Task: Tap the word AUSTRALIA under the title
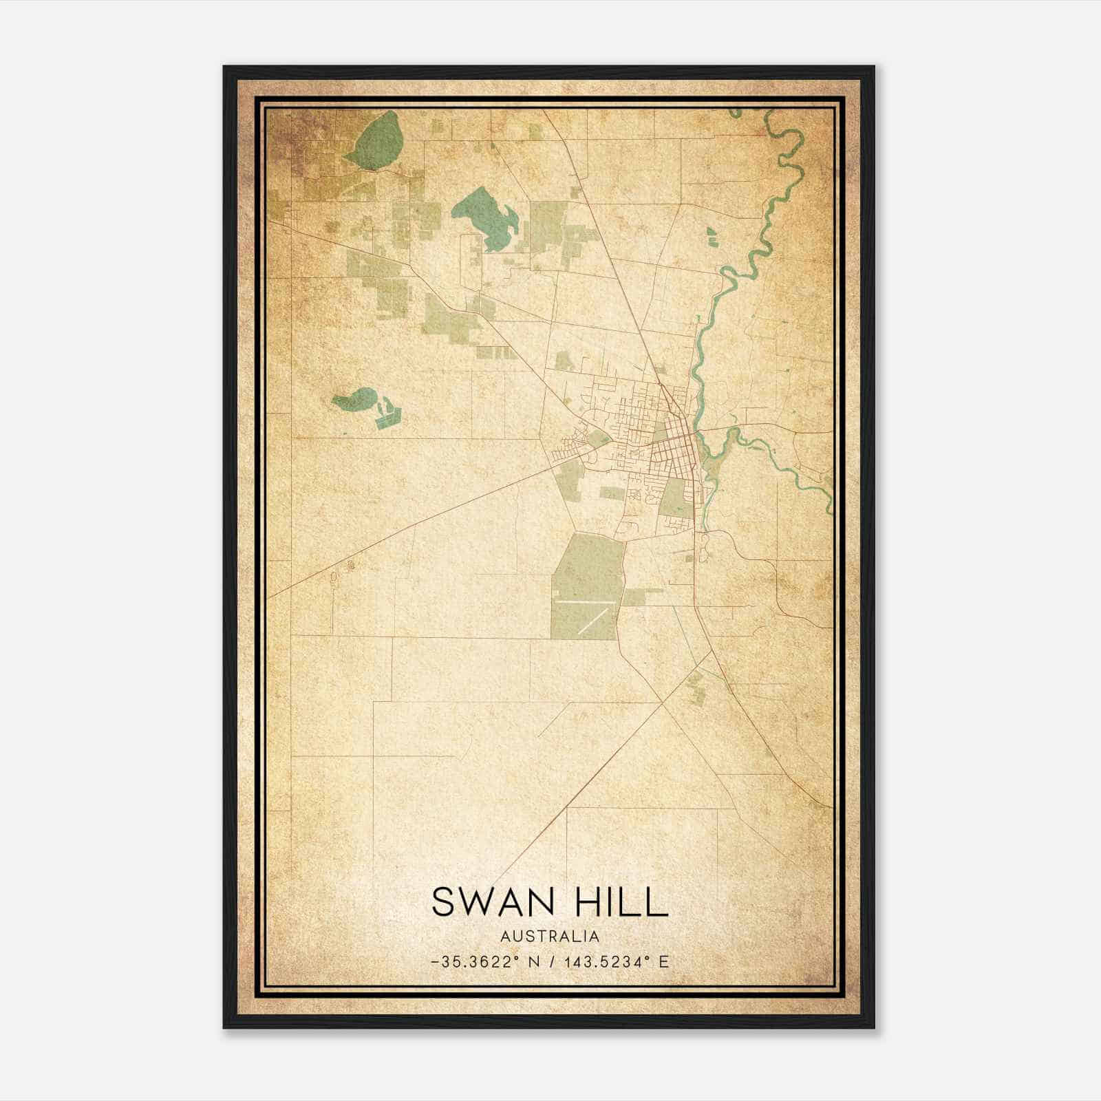pyautogui.click(x=550, y=937)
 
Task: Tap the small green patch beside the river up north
pyautogui.click(x=711, y=236)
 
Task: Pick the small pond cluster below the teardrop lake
pyautogui.click(x=387, y=416)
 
